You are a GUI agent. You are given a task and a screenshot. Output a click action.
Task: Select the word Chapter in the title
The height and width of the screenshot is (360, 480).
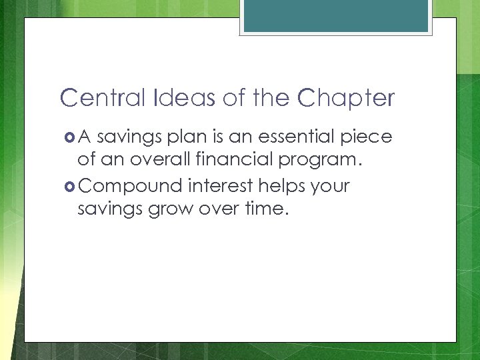pos(346,99)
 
